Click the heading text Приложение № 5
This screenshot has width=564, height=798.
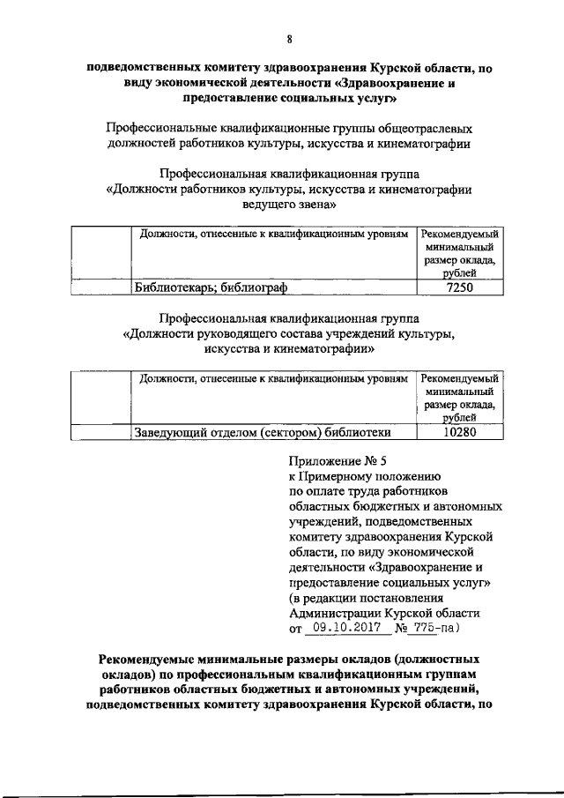tap(338, 458)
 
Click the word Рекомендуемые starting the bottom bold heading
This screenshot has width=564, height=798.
tap(153, 659)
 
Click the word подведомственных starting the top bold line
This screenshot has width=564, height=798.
tap(145, 68)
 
